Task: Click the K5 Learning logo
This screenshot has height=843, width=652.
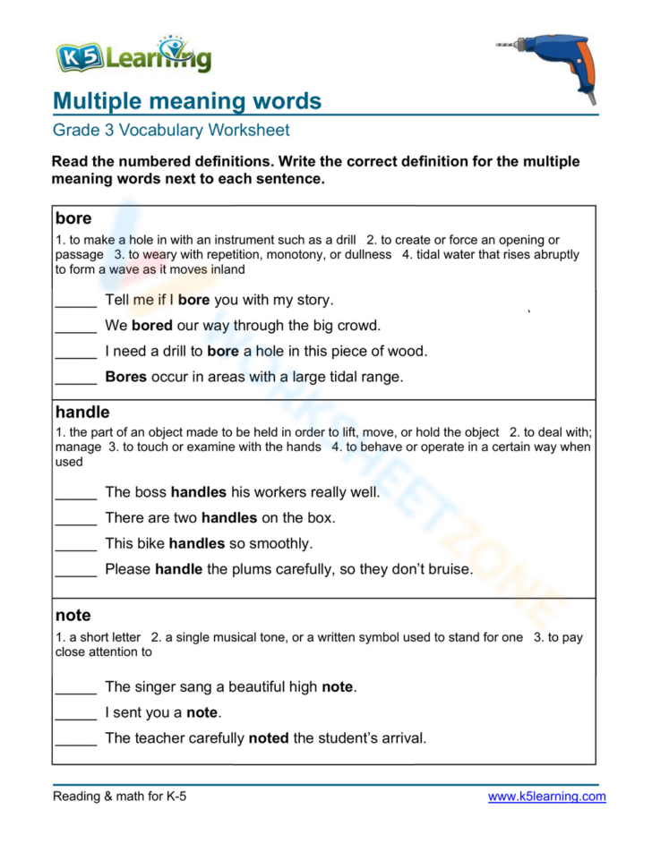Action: pos(133,56)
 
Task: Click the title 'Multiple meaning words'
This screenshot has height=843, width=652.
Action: pos(186,100)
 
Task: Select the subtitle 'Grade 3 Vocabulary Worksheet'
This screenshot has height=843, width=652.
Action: pos(170,131)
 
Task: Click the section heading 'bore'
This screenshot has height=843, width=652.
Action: pos(73,218)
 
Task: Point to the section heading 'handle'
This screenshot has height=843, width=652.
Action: pos(82,413)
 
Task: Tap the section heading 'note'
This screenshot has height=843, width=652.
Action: pos(73,616)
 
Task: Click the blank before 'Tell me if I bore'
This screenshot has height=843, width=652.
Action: pos(75,302)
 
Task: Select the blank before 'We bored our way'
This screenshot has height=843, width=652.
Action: pos(75,327)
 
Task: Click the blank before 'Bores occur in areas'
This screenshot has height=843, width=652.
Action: pos(75,379)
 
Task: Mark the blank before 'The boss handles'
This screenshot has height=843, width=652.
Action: pos(75,493)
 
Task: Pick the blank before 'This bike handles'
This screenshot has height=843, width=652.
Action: pos(75,544)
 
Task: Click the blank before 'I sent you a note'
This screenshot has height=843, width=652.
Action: pos(75,714)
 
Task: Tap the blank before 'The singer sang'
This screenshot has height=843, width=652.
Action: pos(75,688)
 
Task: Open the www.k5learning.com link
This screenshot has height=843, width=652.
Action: pos(546,796)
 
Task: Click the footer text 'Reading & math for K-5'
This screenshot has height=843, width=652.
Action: pos(120,796)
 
